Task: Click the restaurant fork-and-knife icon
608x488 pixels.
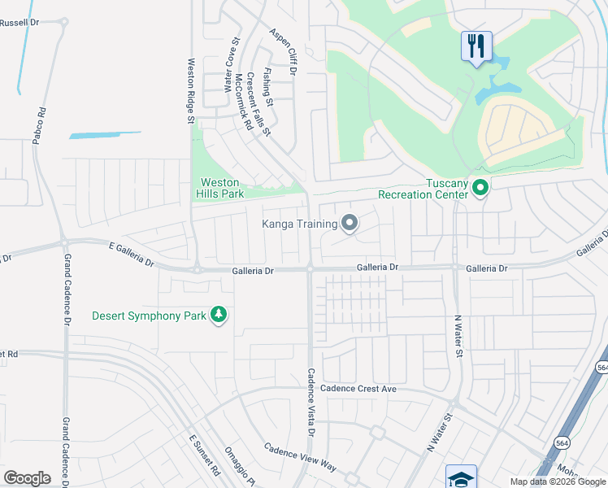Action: (476, 45)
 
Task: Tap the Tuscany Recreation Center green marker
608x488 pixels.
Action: (480, 189)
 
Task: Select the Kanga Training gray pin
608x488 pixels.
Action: (350, 222)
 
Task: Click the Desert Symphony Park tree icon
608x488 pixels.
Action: (218, 314)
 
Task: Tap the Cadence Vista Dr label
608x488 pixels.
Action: (310, 401)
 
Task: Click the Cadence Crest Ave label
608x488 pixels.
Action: (358, 389)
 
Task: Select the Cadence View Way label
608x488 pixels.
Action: (300, 457)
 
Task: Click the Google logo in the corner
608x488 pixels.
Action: (27, 477)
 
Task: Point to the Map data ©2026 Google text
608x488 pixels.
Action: (558, 481)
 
